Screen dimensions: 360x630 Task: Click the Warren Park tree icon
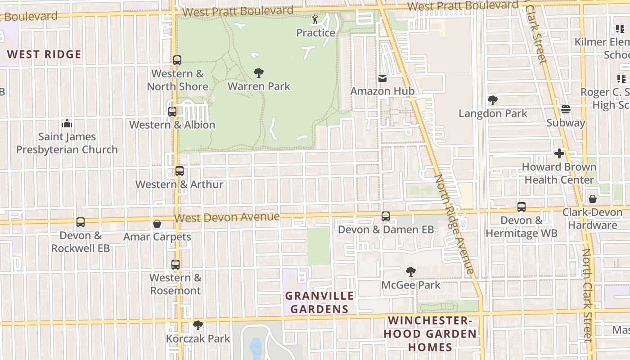click(259, 72)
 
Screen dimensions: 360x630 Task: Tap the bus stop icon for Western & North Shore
click(177, 60)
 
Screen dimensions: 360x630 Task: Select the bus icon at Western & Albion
click(172, 112)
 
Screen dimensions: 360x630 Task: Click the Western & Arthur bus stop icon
click(180, 171)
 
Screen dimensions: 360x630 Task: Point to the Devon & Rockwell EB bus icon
click(81, 222)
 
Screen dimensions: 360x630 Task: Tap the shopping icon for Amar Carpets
click(157, 224)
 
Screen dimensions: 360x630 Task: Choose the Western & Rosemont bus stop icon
click(175, 265)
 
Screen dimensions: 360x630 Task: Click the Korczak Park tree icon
click(198, 325)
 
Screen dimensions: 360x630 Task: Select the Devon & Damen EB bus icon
click(386, 216)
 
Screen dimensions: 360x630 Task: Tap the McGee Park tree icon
click(410, 271)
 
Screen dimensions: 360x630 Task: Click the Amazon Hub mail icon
click(382, 78)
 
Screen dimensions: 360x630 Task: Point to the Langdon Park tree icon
click(493, 100)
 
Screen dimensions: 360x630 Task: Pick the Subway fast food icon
click(566, 109)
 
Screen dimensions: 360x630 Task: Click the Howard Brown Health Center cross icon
click(559, 154)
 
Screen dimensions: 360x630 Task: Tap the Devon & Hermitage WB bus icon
click(522, 207)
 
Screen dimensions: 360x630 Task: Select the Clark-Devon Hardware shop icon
click(593, 199)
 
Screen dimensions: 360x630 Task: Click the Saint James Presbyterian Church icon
click(67, 123)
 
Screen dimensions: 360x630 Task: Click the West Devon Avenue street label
click(227, 217)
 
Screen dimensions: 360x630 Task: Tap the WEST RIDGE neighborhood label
click(44, 55)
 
